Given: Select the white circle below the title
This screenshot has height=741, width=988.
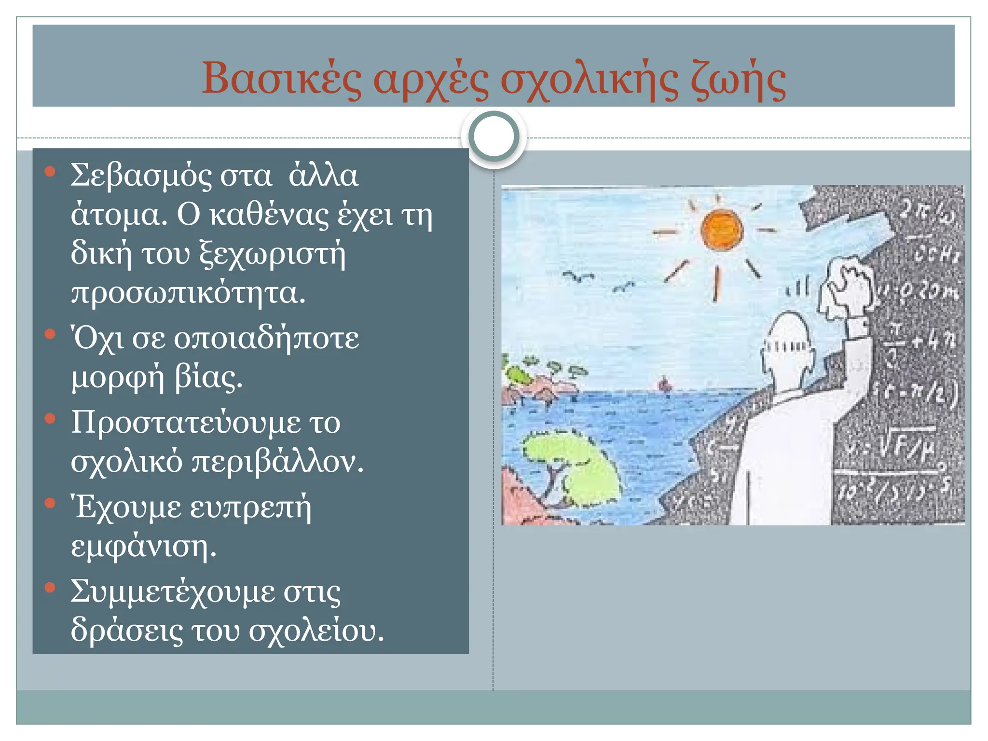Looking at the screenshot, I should click(x=494, y=136).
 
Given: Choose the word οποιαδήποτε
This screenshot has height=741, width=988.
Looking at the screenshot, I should click(x=266, y=339).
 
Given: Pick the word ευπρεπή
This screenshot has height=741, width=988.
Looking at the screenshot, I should click(x=250, y=508).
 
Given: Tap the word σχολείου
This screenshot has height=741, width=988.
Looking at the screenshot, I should click(x=316, y=631).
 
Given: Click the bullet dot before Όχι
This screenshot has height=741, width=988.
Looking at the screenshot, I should click(x=50, y=334).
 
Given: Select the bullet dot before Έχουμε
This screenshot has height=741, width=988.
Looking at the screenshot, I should click(x=50, y=504).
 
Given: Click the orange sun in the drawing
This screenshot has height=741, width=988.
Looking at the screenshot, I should click(x=722, y=230).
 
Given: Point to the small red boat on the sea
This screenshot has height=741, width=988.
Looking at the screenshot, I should click(x=665, y=384).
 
